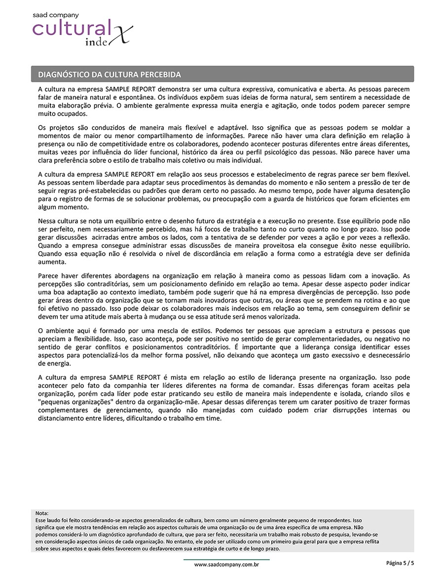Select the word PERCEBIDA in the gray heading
tap(161, 75)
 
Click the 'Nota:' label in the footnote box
tap(42, 513)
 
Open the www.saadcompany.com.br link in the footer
tap(226, 564)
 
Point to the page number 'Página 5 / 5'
tap(400, 563)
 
